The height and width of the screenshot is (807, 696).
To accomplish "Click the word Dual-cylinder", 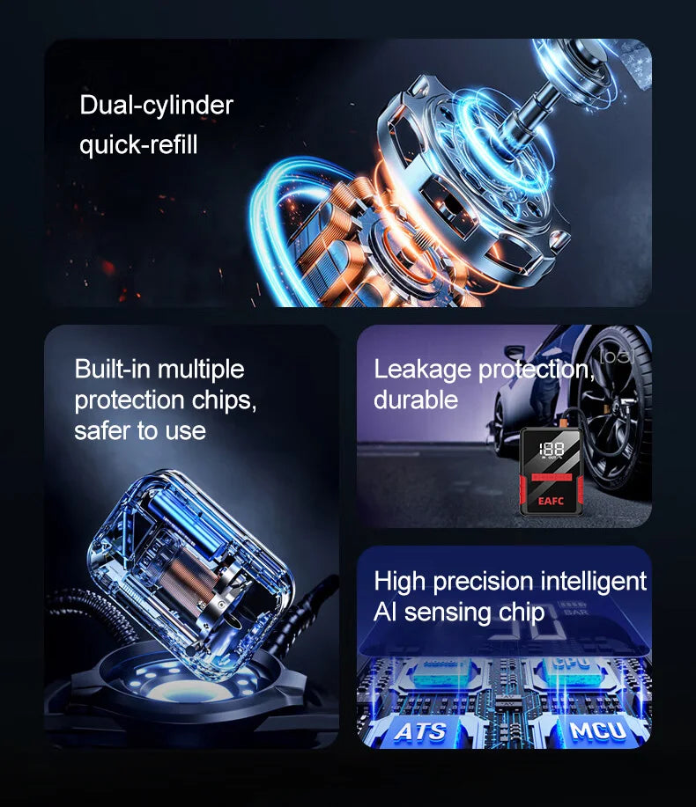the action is point(156,106).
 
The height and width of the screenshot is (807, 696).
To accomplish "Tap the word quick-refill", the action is point(138,144).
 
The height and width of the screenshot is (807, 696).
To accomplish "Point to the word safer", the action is point(102,430).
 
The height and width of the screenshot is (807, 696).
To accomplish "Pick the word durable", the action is point(416,400).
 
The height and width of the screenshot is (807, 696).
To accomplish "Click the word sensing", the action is point(448,613).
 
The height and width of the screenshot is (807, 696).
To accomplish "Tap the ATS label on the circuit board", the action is point(421,731).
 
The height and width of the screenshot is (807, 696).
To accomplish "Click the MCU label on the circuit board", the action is point(597,730).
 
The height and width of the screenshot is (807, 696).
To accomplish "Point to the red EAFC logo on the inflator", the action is point(551,501).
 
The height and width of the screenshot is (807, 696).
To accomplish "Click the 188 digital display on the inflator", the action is point(552,450).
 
